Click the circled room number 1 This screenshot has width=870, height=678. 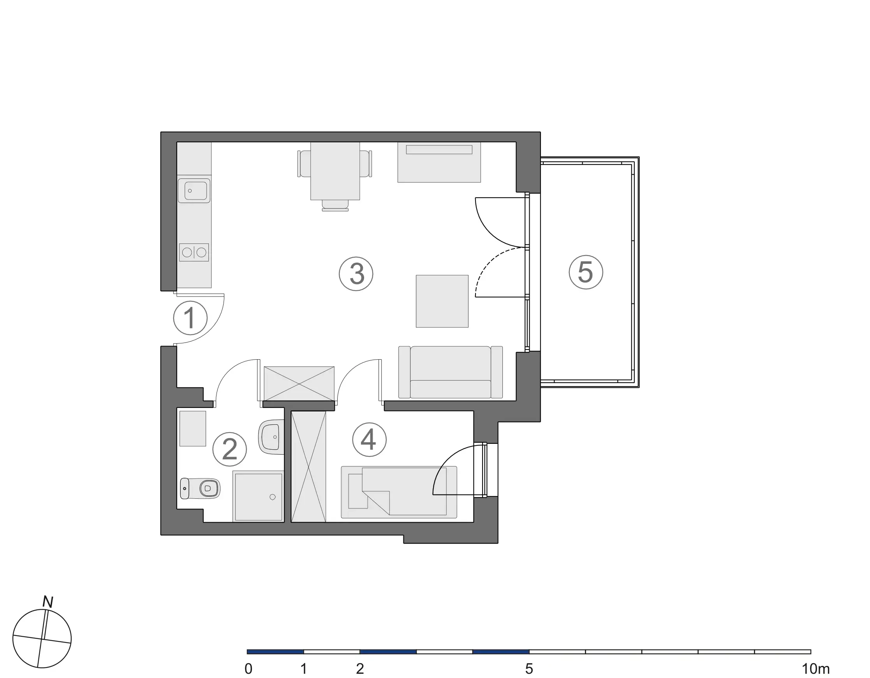tap(190, 318)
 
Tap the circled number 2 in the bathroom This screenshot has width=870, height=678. tap(229, 449)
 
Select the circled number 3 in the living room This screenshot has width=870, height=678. tap(356, 274)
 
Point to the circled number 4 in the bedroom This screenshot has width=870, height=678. tap(369, 440)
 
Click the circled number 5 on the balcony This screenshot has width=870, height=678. tap(586, 272)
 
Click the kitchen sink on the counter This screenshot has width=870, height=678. tap(194, 191)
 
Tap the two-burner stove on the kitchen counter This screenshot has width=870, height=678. tap(194, 252)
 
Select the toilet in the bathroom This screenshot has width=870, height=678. tap(200, 488)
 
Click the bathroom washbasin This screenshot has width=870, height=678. tap(272, 436)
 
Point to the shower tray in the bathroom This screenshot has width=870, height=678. tap(259, 497)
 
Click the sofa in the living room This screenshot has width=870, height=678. tap(451, 372)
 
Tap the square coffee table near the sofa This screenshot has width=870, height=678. tap(442, 301)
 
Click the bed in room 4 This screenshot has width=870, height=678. tap(399, 492)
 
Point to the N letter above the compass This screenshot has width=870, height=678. tap(48, 602)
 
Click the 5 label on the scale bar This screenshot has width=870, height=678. tap(529, 669)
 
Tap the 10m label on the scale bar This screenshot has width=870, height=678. tap(816, 669)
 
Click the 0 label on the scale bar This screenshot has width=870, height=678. tap(248, 669)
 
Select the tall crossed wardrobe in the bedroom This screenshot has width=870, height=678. tap(308, 467)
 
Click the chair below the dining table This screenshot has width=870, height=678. tap(335, 205)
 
